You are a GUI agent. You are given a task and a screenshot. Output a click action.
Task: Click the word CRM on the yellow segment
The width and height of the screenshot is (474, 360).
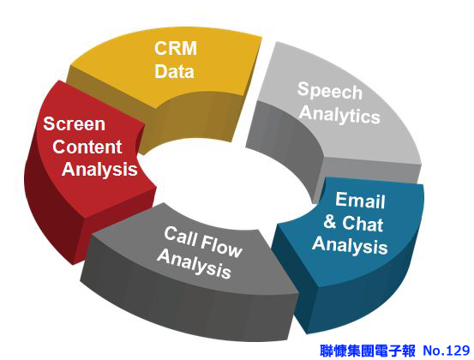pyautogui.click(x=176, y=48)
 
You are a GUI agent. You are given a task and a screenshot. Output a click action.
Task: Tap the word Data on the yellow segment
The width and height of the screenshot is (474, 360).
pyautogui.click(x=174, y=71)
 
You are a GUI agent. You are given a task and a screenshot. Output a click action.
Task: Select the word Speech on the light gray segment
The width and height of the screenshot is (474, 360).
pyautogui.click(x=330, y=91)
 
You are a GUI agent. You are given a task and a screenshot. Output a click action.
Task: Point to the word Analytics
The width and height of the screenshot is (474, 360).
pyautogui.click(x=339, y=115)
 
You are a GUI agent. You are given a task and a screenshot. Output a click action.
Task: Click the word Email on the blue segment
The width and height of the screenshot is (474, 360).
pyautogui.click(x=360, y=200)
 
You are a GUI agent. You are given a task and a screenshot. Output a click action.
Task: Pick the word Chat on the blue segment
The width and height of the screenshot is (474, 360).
pyautogui.click(x=363, y=224)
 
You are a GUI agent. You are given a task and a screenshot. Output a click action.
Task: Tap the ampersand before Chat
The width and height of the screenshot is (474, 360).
pyautogui.click(x=330, y=221)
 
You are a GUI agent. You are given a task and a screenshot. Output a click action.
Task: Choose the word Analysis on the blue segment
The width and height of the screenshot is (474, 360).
pyautogui.click(x=350, y=245)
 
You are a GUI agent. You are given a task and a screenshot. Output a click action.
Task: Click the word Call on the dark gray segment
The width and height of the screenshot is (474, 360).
pyautogui.click(x=181, y=237)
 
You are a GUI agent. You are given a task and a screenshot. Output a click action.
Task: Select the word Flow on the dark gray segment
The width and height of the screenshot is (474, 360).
pyautogui.click(x=222, y=246)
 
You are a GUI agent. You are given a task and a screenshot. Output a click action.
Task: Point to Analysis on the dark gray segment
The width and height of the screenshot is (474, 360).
pyautogui.click(x=195, y=264)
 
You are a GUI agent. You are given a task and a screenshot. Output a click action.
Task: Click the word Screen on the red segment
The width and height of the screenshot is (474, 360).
pyautogui.click(x=75, y=124)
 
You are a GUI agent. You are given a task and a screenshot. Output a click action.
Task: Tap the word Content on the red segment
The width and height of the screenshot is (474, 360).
pyautogui.click(x=87, y=147)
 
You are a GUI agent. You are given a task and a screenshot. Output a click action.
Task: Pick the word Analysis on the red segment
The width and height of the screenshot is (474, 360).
pyautogui.click(x=99, y=170)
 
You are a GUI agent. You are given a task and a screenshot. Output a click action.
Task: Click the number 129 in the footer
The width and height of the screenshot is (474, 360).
pyautogui.click(x=458, y=351)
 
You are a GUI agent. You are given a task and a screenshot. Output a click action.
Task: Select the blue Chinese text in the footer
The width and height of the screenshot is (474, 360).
pyautogui.click(x=368, y=351)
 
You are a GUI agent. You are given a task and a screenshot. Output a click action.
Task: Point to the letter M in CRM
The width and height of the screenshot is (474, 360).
pyautogui.click(x=189, y=48)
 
